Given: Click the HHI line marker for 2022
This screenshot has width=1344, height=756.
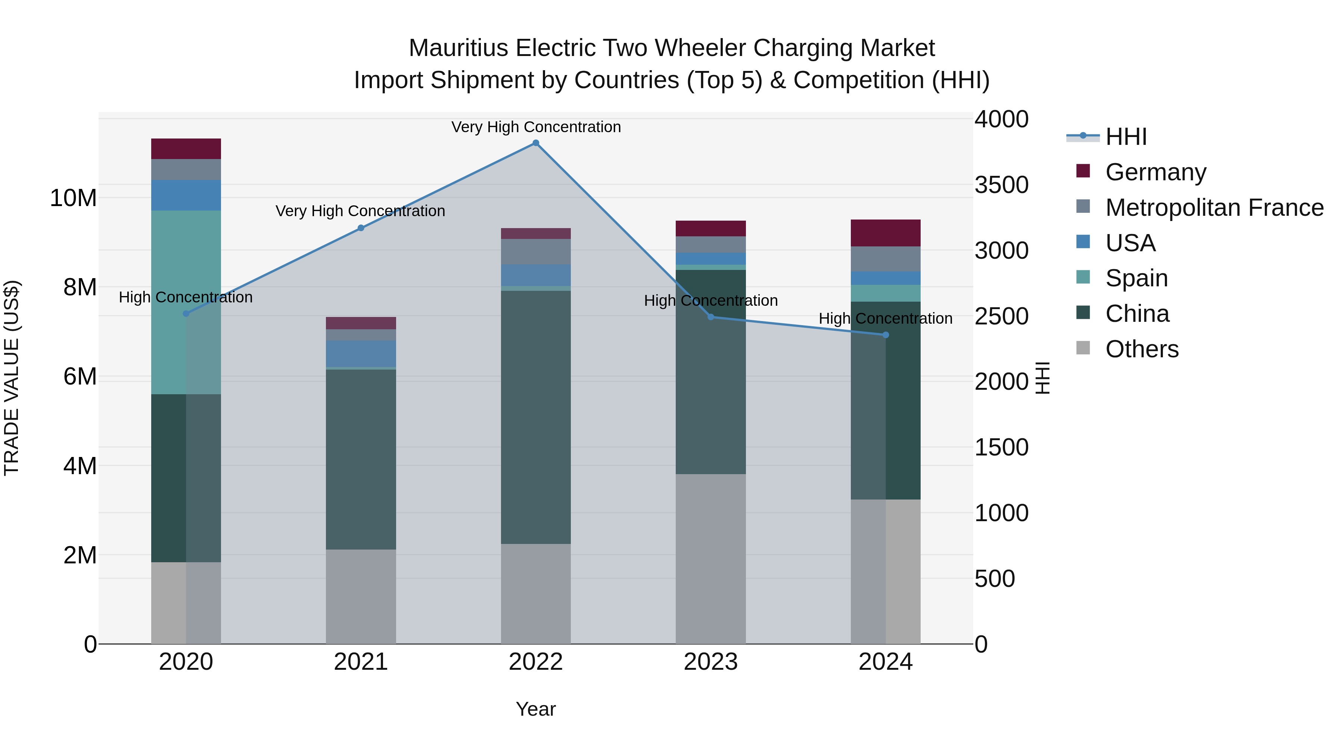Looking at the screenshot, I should click(535, 143).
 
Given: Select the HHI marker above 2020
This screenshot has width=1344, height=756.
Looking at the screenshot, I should click(186, 314).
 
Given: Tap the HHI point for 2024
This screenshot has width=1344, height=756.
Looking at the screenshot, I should click(886, 335).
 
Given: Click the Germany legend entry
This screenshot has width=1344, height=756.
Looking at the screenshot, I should click(1155, 172).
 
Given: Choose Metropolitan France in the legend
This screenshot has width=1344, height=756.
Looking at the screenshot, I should click(1214, 208).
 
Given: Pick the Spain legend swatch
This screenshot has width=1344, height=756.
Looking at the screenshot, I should click(1083, 277).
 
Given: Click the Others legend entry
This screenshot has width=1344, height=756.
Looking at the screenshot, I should click(1142, 349).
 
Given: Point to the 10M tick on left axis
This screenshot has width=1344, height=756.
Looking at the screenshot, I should click(73, 198).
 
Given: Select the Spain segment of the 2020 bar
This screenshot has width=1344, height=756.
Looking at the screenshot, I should click(186, 303).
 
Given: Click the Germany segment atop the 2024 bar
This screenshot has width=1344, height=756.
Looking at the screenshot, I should click(886, 233).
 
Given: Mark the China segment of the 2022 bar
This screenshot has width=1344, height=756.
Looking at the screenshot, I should click(535, 417).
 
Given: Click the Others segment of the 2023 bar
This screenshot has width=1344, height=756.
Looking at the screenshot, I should click(710, 558).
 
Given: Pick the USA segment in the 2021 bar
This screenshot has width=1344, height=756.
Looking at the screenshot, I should click(361, 354).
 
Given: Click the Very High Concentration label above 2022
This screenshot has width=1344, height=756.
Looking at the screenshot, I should click(536, 127).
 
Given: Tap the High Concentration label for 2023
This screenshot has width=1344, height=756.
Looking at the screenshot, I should click(710, 301).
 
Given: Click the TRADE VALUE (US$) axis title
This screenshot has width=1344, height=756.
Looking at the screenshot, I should click(12, 378).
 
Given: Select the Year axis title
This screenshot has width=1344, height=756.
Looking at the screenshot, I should click(535, 709).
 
